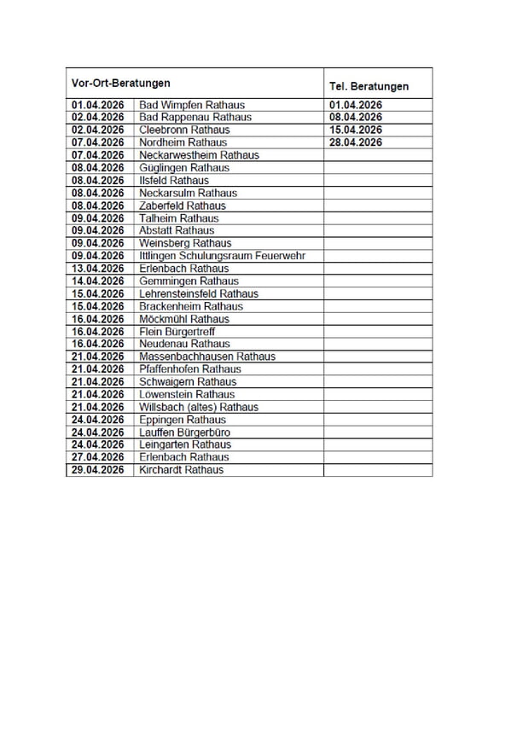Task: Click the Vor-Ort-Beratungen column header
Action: (x=120, y=83)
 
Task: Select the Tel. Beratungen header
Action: (x=369, y=86)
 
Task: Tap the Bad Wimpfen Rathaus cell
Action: (x=191, y=105)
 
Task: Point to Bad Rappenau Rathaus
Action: (x=195, y=117)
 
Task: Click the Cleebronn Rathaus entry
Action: (x=184, y=130)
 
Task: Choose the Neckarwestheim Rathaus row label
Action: (x=199, y=155)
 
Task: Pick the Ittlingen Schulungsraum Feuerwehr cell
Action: (x=222, y=256)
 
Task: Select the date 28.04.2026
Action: (x=355, y=142)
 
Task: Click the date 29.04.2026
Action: (x=98, y=470)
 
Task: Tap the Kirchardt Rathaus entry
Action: (x=181, y=470)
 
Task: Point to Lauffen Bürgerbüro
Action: (x=184, y=432)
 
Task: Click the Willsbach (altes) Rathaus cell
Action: (x=198, y=407)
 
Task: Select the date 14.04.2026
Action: (x=98, y=281)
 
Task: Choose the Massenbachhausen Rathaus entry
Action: (x=206, y=357)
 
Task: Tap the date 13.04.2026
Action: (x=98, y=269)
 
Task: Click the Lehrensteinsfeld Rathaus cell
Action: (x=198, y=293)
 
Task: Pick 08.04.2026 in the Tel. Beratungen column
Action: (x=355, y=117)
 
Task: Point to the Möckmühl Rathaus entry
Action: (x=183, y=319)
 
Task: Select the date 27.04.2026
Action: (x=98, y=457)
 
